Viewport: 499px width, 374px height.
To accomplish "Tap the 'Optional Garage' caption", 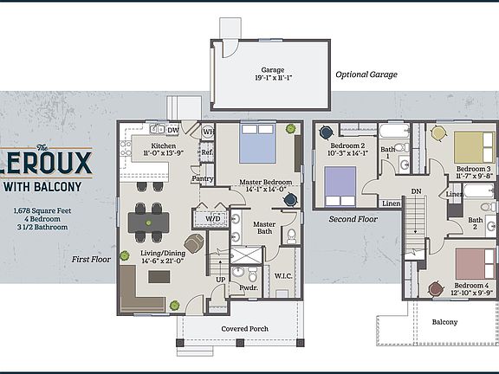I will coord(366,74).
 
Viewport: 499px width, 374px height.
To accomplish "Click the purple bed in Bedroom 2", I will coord(340,184).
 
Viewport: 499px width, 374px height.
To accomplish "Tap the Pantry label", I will coord(203,179).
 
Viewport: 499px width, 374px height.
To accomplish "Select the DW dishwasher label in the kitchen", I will coord(172,130).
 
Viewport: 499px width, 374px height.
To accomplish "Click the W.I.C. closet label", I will coord(282,276).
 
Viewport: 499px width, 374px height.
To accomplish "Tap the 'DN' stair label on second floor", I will coord(416,191).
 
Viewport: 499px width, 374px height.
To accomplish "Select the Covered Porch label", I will coord(245,329).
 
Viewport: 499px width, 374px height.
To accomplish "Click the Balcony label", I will coord(444,321).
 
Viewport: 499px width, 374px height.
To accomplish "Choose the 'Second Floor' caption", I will coord(353,220).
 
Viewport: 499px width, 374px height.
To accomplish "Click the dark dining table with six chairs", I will coord(149,222).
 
